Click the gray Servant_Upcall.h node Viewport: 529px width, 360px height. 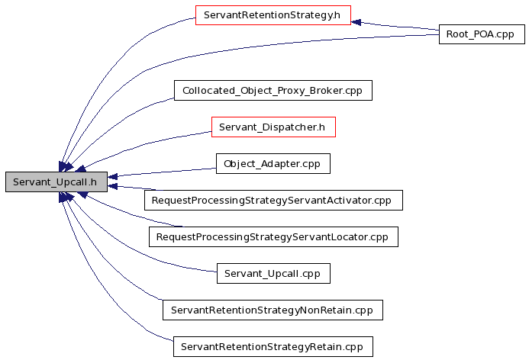(x=56, y=182)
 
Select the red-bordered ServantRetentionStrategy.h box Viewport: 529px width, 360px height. (x=273, y=15)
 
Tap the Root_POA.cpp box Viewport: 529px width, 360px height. (x=482, y=34)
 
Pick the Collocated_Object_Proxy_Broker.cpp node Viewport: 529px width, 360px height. (x=273, y=90)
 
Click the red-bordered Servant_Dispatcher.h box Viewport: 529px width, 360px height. (x=273, y=127)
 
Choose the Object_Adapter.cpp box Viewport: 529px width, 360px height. (x=273, y=164)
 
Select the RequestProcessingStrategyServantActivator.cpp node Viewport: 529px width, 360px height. (x=273, y=201)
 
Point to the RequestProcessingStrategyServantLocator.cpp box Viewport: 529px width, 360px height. (x=273, y=237)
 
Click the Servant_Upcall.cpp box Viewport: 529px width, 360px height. (x=273, y=273)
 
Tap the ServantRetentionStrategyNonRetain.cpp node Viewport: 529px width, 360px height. (x=273, y=310)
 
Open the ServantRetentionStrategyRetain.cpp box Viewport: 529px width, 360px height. (x=273, y=346)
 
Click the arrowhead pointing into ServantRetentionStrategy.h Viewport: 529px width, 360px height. (x=356, y=22)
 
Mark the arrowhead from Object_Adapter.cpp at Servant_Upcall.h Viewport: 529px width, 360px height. (x=113, y=176)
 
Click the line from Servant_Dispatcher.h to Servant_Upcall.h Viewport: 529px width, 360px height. (x=145, y=144)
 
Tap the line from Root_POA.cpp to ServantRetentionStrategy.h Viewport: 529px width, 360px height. (x=395, y=26)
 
